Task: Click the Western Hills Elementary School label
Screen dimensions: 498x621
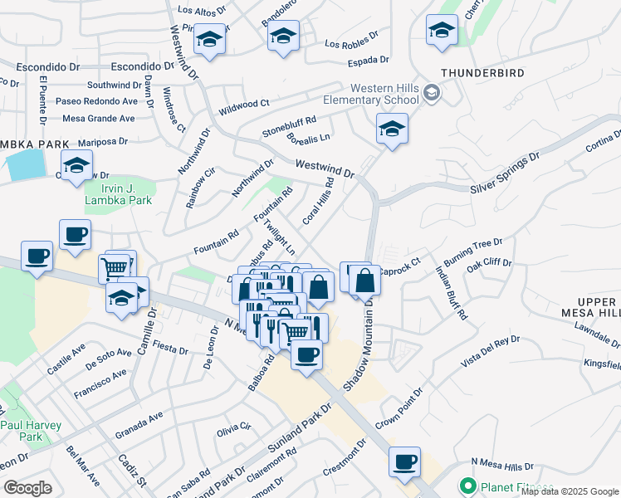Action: pos(383,94)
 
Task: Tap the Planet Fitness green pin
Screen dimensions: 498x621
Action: pos(467,486)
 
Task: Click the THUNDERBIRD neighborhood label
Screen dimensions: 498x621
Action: pos(482,73)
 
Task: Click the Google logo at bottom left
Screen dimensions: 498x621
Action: pos(27,488)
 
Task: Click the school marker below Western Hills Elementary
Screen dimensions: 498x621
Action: pos(392,129)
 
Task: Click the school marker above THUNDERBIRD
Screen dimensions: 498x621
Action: pos(442,31)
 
